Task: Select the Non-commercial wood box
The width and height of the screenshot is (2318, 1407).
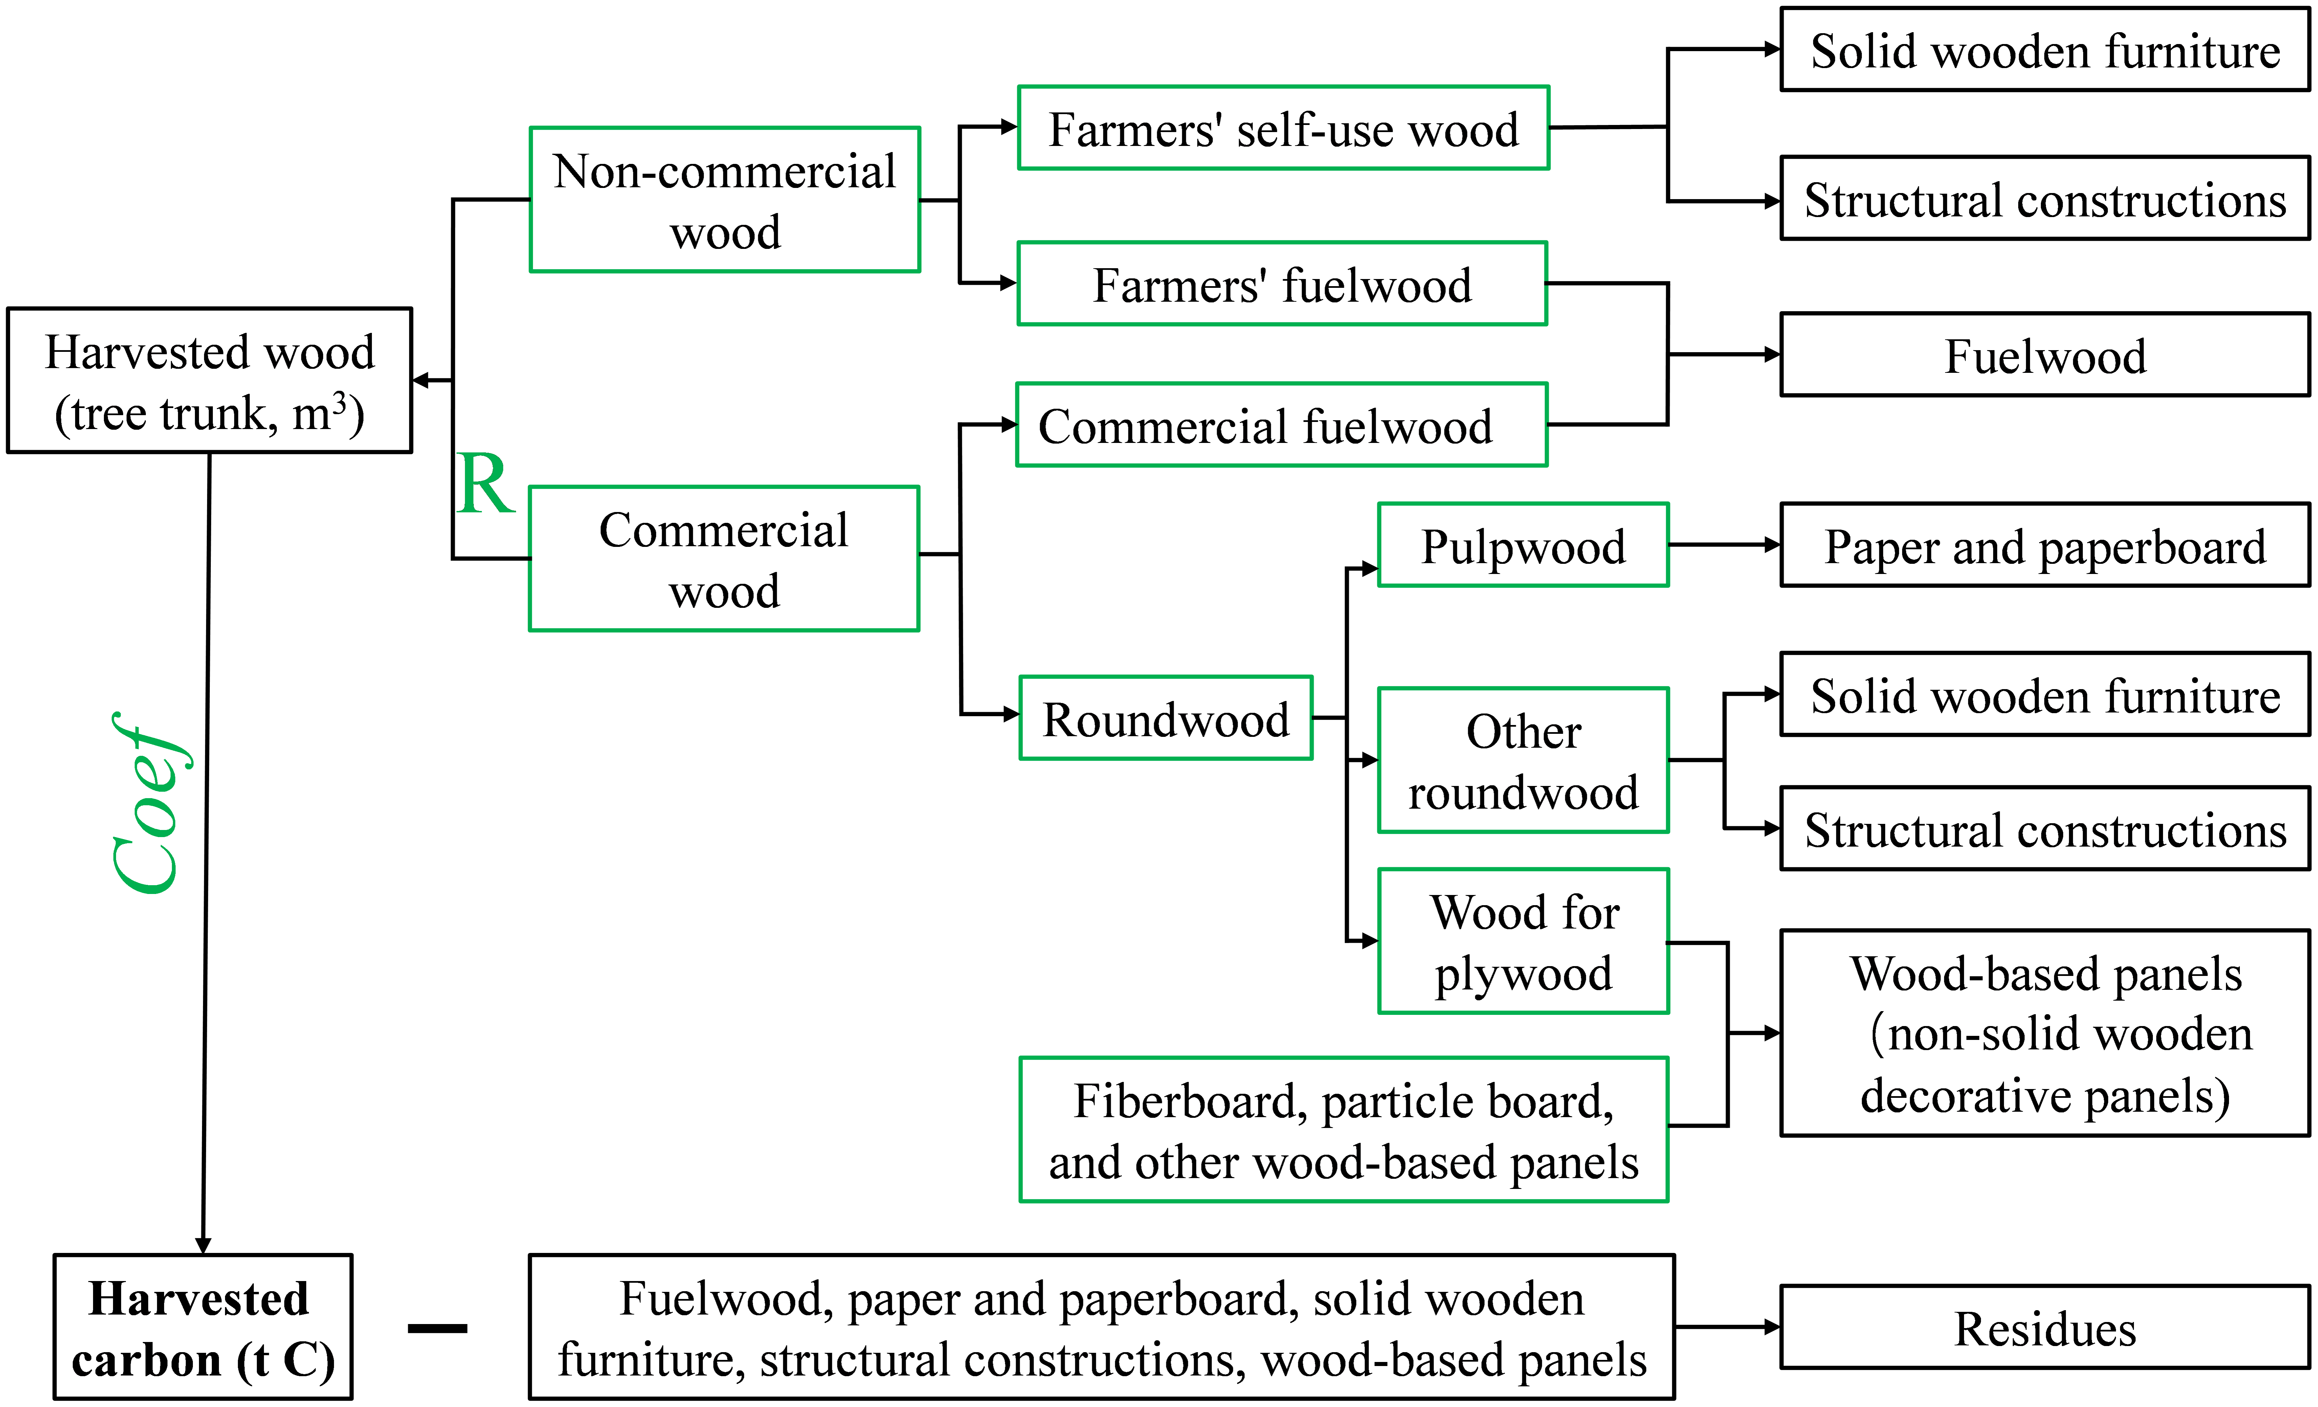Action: coord(724,199)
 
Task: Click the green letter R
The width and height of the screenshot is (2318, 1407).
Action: coord(485,485)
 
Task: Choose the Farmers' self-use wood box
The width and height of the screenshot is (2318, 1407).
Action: coord(1283,128)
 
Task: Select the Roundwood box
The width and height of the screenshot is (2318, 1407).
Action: coord(1166,718)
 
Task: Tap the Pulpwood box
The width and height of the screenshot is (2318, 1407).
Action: coord(1523,546)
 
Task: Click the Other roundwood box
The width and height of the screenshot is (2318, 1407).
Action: coord(1523,761)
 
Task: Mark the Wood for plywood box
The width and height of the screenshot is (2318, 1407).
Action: coord(1523,941)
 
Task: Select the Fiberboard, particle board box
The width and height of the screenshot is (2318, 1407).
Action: coord(1343,1129)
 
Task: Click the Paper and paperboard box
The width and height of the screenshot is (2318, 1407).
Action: coord(2045,546)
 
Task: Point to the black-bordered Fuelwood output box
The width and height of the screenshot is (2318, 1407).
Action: coord(2045,355)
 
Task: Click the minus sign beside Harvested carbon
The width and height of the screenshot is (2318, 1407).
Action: coord(438,1328)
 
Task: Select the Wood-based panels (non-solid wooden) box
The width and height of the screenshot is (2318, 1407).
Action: coord(2045,1033)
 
